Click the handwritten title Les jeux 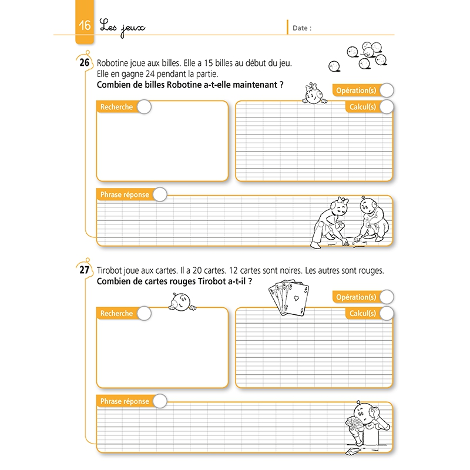(x=122, y=27)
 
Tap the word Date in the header (x=302, y=28)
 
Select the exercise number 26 (x=84, y=63)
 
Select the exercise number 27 (x=84, y=270)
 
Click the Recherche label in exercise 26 (x=117, y=107)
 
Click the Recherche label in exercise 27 (x=117, y=314)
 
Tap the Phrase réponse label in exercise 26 (x=125, y=194)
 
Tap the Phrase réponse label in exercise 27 (x=125, y=401)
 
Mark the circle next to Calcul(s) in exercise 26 (x=387, y=107)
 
